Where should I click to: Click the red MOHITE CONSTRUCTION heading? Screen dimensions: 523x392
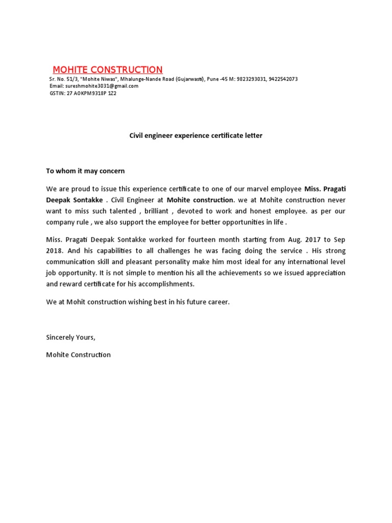click(108, 69)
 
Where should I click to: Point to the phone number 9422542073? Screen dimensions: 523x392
click(283, 79)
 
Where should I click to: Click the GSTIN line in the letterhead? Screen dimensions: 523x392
click(83, 93)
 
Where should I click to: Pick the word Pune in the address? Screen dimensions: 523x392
click(213, 79)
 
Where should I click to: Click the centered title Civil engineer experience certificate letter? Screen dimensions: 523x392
click(195, 136)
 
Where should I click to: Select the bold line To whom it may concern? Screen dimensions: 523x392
click(85, 171)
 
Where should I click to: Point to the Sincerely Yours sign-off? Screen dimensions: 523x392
click(70, 337)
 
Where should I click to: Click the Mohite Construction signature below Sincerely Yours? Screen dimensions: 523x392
click(78, 354)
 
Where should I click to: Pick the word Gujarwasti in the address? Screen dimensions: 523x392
click(190, 79)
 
